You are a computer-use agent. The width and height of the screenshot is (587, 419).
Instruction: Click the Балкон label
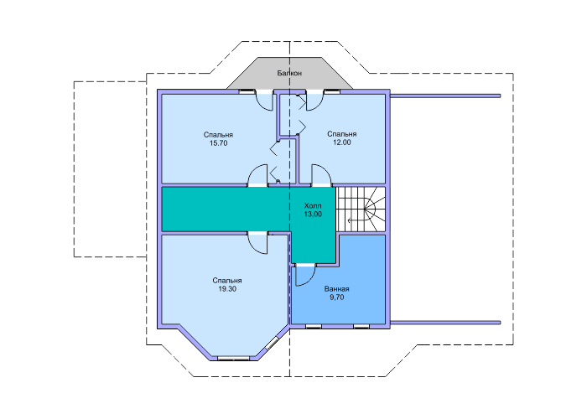pyautogui.click(x=289, y=73)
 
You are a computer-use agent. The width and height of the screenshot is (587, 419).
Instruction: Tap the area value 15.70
pyautogui.click(x=218, y=143)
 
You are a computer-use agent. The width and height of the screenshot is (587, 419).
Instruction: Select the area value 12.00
pyautogui.click(x=342, y=142)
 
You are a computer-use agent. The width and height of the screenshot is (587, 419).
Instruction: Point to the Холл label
pyautogui.click(x=313, y=206)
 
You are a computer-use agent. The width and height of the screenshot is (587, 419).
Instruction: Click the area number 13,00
pyautogui.click(x=313, y=214)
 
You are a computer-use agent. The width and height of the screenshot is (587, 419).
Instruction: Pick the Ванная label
pyautogui.click(x=336, y=289)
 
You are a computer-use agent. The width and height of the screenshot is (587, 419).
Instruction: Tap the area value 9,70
pyautogui.click(x=336, y=297)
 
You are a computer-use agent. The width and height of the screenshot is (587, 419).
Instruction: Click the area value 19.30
pyautogui.click(x=227, y=289)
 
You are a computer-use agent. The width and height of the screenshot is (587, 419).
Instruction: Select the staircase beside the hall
pyautogui.click(x=361, y=209)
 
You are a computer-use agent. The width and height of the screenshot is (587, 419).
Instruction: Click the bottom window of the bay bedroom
pyautogui.click(x=234, y=359)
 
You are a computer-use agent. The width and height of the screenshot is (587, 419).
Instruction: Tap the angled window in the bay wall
pyautogui.click(x=273, y=344)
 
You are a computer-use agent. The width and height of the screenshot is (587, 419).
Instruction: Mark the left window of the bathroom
pyautogui.click(x=314, y=326)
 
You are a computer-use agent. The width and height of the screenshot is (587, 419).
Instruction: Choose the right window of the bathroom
pyautogui.click(x=361, y=326)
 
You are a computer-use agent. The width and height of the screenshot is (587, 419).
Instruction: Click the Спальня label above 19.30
pyautogui.click(x=227, y=281)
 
